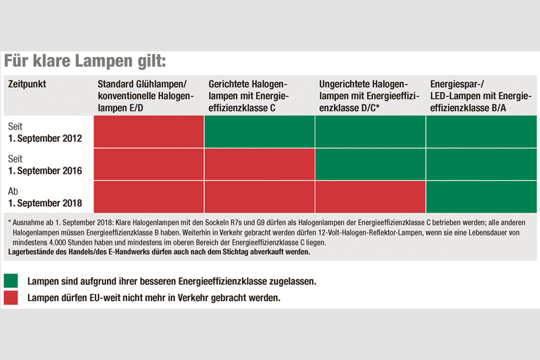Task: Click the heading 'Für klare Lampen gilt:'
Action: pos(85,60)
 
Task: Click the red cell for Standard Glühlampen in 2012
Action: pos(148,131)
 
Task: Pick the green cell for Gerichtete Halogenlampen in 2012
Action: pos(259,131)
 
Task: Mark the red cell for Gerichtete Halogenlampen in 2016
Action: pos(259,164)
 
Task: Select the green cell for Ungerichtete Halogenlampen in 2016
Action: pos(370,164)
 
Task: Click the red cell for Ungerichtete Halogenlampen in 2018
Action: pos(370,196)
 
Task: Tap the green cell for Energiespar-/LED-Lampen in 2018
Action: pos(481,196)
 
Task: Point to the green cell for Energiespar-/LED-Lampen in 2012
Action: pos(481,131)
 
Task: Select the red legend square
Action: pos(12,297)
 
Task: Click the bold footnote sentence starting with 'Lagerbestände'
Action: pos(158,251)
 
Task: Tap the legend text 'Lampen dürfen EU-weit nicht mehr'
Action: pos(153,297)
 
